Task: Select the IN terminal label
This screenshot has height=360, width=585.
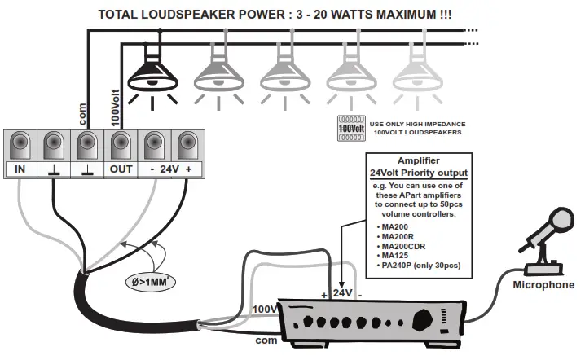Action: (x=20, y=170)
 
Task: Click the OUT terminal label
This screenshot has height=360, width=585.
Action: (x=121, y=170)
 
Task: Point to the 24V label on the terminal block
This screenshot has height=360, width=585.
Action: (x=169, y=170)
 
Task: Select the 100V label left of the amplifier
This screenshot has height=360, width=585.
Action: (x=265, y=310)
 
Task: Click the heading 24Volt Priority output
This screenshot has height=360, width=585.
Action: (x=419, y=173)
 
